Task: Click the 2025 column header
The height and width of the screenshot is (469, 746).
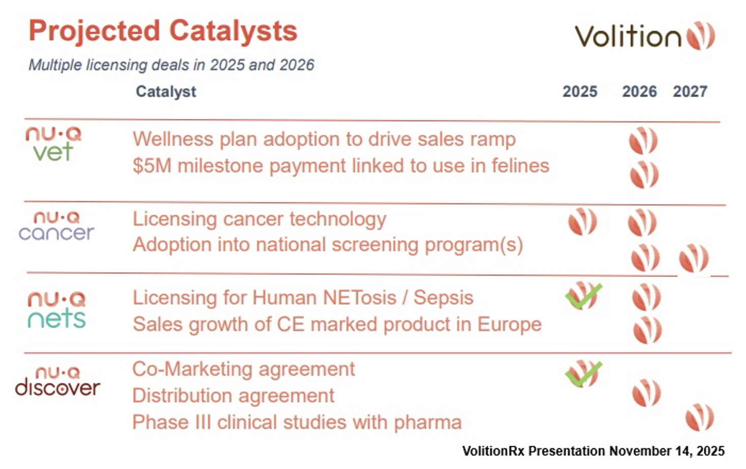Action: point(580,92)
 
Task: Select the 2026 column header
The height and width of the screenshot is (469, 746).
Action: point(640,92)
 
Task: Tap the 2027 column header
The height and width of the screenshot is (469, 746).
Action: point(690,92)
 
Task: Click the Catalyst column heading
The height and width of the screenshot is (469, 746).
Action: point(166,92)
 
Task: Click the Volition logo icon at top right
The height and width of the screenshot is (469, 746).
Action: point(701,36)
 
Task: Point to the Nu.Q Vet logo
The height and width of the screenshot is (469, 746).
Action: point(53,144)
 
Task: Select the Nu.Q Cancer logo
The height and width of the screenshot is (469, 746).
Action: point(56,226)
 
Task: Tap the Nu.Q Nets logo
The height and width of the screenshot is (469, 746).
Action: point(56,310)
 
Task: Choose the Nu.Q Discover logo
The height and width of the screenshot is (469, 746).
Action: point(58,382)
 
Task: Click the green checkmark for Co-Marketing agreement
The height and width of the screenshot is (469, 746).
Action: point(584,374)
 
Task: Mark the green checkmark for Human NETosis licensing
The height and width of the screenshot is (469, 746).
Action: point(584,296)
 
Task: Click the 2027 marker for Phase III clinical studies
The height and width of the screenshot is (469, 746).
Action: point(700,418)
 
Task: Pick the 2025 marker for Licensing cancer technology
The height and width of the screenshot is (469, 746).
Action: point(583,221)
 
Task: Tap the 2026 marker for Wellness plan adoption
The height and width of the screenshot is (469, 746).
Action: point(643,140)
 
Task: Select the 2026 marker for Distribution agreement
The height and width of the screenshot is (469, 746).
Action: point(646,393)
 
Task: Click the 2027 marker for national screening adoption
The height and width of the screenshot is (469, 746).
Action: point(694,258)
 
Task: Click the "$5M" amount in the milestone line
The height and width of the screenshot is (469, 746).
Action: point(152,166)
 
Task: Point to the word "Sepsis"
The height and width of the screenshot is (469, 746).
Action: point(443,297)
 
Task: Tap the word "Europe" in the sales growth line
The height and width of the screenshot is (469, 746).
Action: point(509,324)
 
